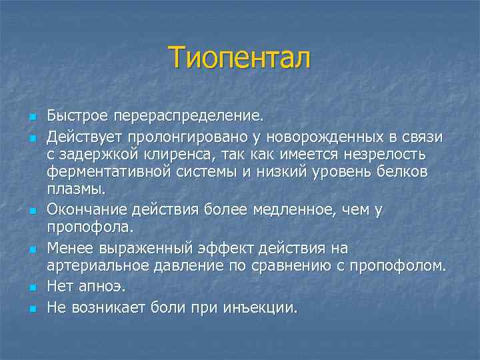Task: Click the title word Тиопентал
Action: tap(239, 58)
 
